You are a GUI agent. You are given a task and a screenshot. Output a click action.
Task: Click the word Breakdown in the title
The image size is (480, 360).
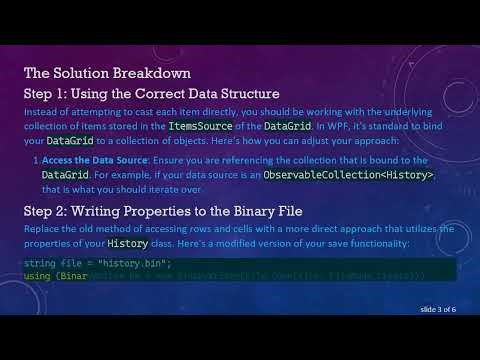[x=154, y=73]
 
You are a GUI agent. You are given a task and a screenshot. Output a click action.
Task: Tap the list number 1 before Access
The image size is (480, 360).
[x=36, y=160]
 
